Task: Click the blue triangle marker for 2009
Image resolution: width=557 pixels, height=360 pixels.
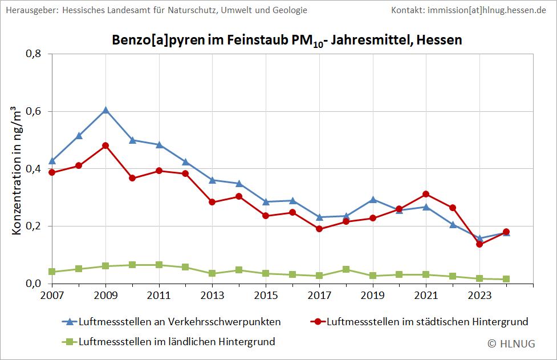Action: [x=105, y=110]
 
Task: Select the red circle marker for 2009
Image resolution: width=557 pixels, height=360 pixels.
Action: [x=105, y=145]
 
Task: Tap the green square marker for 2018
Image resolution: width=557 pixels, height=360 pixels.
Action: [x=346, y=269]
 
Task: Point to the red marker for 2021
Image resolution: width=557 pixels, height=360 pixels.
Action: [x=426, y=195]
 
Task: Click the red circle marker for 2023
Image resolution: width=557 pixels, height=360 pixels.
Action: [x=479, y=244]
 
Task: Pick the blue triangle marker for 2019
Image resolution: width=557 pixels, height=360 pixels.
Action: [x=373, y=200]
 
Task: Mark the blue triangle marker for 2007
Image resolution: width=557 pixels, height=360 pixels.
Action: [x=52, y=161]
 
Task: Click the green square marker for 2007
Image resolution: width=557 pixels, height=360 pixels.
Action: [x=52, y=272]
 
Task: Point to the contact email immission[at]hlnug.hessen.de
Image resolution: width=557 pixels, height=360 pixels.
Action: [x=486, y=10]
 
